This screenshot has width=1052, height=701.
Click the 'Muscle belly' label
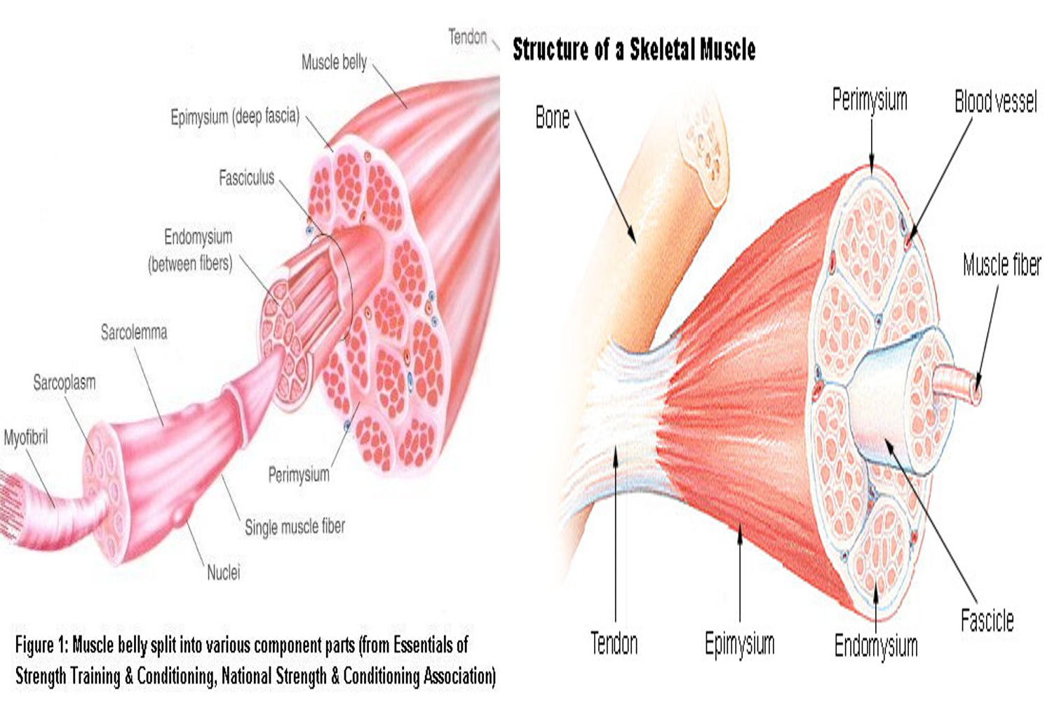point(334,62)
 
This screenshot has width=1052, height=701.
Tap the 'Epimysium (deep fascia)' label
point(235,116)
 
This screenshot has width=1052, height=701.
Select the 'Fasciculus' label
point(246,178)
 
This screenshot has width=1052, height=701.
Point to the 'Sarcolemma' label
point(134,332)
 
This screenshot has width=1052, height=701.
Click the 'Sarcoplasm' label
point(65,383)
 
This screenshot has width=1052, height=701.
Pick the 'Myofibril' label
point(26,438)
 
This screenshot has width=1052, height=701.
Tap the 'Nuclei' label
point(223,573)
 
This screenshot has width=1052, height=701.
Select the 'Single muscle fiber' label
point(295,526)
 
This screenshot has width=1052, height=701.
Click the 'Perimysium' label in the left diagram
point(299,475)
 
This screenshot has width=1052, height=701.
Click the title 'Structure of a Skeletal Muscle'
point(634,50)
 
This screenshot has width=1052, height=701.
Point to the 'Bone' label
point(553,118)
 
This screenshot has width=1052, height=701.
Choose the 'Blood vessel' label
point(995,102)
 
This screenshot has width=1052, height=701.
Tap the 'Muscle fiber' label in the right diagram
point(1002,265)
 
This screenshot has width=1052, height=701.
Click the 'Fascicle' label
point(987,620)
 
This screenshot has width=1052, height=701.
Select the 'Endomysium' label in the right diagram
point(876,645)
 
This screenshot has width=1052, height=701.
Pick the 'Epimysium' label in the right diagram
point(740,643)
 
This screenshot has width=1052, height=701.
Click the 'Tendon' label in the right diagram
point(614,643)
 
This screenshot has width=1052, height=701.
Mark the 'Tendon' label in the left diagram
point(467,36)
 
